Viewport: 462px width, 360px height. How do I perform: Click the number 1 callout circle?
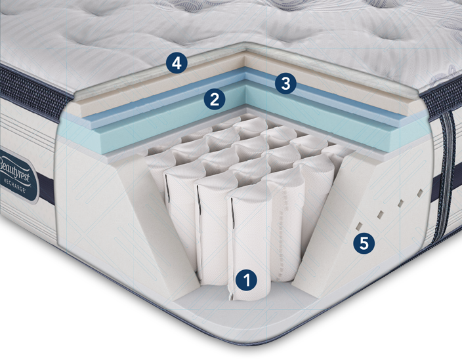click(x=247, y=279)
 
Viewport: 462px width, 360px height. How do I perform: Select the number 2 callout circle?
click(x=215, y=99)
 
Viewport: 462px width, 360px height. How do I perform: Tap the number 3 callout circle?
click(x=285, y=83)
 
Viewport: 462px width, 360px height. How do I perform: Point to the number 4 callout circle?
click(x=176, y=64)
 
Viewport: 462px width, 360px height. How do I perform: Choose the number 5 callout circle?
click(x=364, y=243)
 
